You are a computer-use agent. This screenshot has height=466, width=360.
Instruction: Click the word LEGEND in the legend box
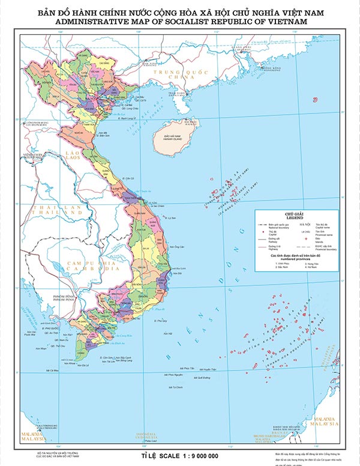(x=292, y=217)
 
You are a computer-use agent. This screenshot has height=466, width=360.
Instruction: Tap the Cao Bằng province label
(x=103, y=62)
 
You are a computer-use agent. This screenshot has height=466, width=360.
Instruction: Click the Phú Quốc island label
(x=51, y=329)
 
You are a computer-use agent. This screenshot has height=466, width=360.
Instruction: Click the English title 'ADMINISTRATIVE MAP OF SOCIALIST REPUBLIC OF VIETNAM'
(x=181, y=21)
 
